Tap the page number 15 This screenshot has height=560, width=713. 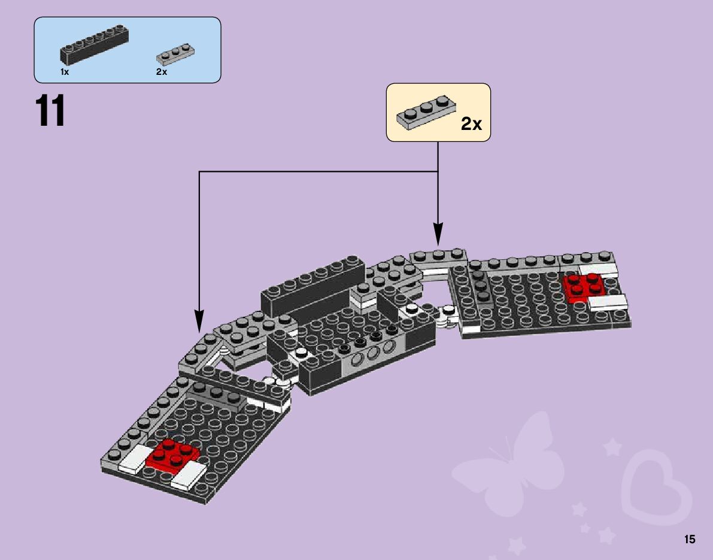690,540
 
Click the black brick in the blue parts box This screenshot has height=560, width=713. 95,47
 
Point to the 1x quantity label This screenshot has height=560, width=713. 65,72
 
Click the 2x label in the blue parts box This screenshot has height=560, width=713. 162,72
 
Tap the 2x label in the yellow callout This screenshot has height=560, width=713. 471,124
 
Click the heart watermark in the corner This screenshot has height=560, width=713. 656,485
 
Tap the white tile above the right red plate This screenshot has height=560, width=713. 598,269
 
